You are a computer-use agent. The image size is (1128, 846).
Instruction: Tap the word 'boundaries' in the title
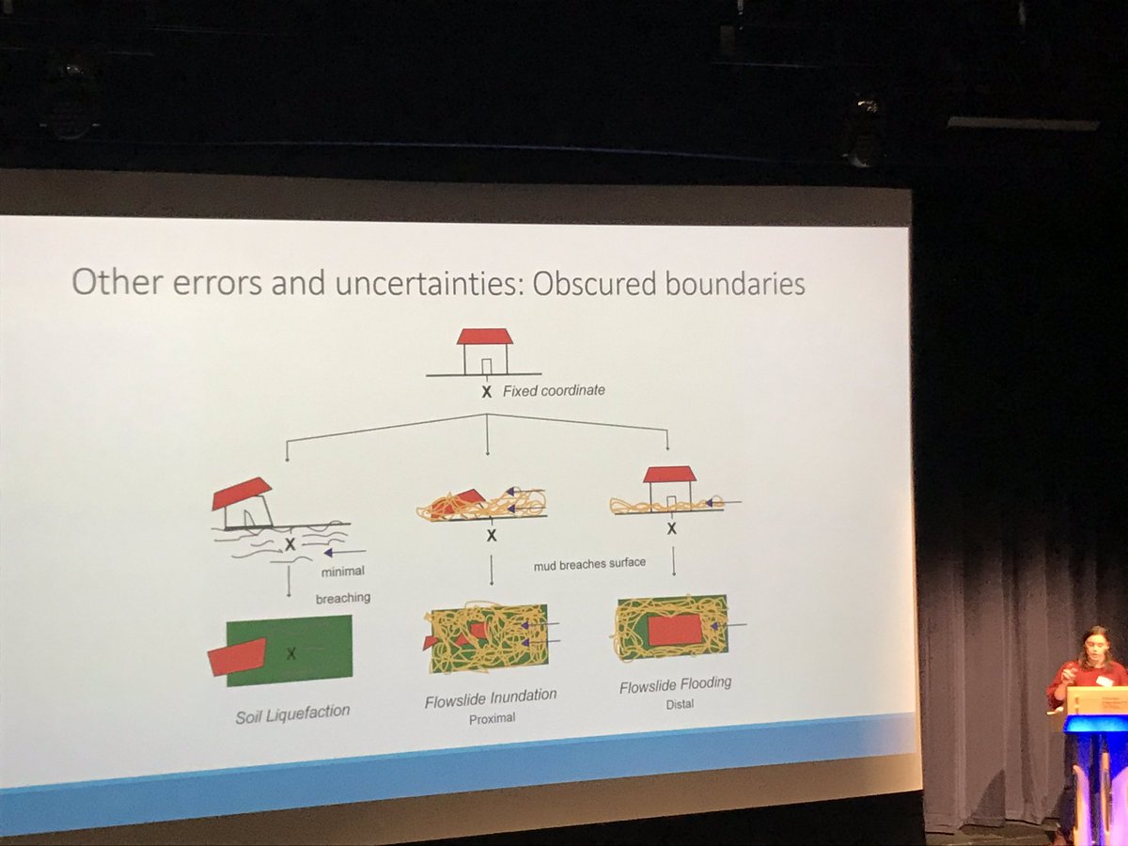(735, 285)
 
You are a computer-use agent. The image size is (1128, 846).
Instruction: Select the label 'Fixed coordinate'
(554, 391)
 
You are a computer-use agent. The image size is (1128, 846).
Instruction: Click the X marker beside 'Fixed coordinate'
(486, 392)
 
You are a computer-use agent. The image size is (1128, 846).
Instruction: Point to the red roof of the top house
(485, 337)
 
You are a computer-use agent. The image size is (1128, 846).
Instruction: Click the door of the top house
(486, 367)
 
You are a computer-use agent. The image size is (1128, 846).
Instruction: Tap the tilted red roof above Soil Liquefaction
(242, 492)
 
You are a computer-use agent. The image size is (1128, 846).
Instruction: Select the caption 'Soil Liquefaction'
(292, 714)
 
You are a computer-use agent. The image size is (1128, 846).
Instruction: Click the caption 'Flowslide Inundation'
(491, 698)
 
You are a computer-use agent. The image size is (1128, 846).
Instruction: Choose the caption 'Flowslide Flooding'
(675, 685)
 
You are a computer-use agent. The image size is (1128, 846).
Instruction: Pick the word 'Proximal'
(492, 718)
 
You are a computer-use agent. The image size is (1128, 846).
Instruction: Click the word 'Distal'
(680, 704)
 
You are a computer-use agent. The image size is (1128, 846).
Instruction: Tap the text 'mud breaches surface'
(589, 564)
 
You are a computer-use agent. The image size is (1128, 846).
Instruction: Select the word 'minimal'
(343, 572)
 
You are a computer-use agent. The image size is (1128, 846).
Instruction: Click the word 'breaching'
(343, 599)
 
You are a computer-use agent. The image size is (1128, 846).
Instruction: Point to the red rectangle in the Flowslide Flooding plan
(675, 630)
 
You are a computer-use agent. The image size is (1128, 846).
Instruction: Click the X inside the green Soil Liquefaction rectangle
(290, 653)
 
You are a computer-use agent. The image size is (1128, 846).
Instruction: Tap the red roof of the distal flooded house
(669, 474)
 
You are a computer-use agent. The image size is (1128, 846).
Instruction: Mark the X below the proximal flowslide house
(492, 536)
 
